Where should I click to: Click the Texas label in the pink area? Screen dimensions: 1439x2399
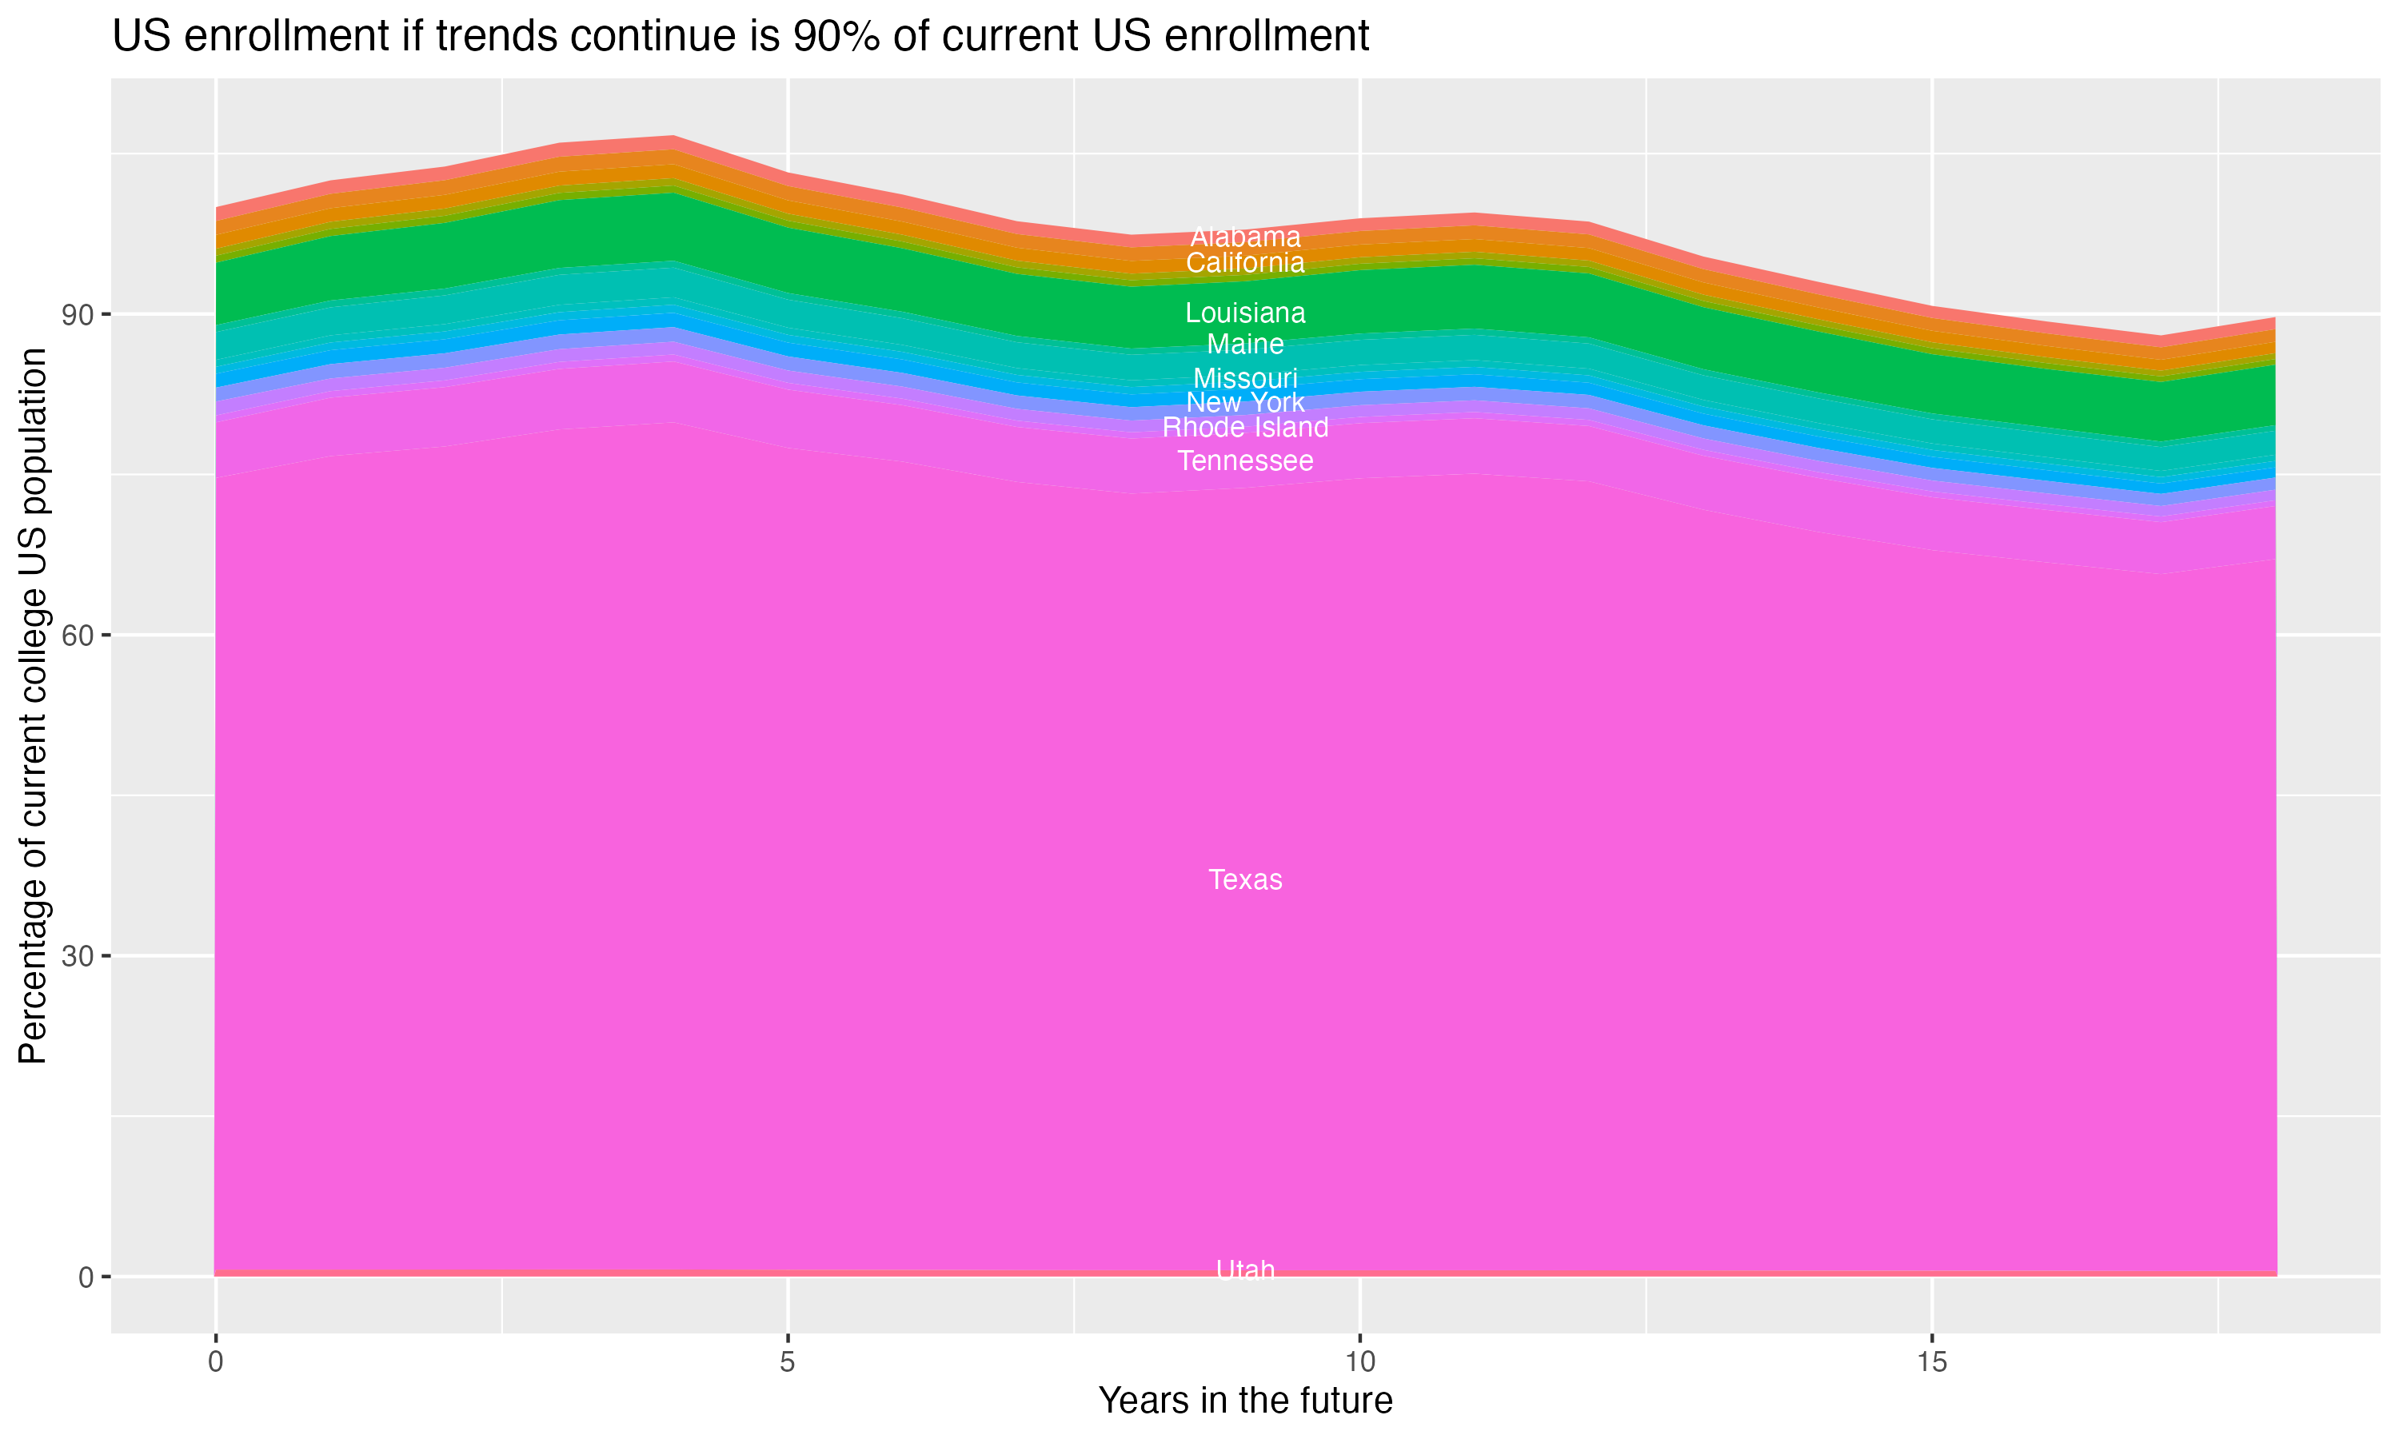click(x=1245, y=879)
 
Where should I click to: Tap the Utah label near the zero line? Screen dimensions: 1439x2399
click(x=1245, y=1270)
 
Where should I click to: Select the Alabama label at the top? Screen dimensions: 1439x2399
click(x=1245, y=237)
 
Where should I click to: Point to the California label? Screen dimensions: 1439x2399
click(x=1245, y=263)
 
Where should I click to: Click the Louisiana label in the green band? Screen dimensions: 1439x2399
click(x=1245, y=313)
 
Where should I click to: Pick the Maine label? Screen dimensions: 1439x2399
click(x=1245, y=345)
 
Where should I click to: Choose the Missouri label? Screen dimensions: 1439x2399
click(x=1245, y=378)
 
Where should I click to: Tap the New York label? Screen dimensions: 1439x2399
click(x=1245, y=402)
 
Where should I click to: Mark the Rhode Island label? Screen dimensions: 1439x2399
click(x=1245, y=428)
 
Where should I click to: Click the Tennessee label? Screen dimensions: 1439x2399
click(x=1245, y=460)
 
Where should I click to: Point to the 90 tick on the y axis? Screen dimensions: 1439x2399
click(x=78, y=315)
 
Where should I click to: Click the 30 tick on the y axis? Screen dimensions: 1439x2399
click(x=78, y=957)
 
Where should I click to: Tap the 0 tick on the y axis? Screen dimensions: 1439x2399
click(x=86, y=1277)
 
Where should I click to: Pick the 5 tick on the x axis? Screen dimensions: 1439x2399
click(x=788, y=1362)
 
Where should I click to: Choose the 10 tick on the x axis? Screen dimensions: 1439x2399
click(x=1359, y=1362)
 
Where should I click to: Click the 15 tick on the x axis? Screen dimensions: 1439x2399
click(x=1932, y=1362)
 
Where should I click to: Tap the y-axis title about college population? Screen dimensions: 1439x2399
click(x=33, y=705)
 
